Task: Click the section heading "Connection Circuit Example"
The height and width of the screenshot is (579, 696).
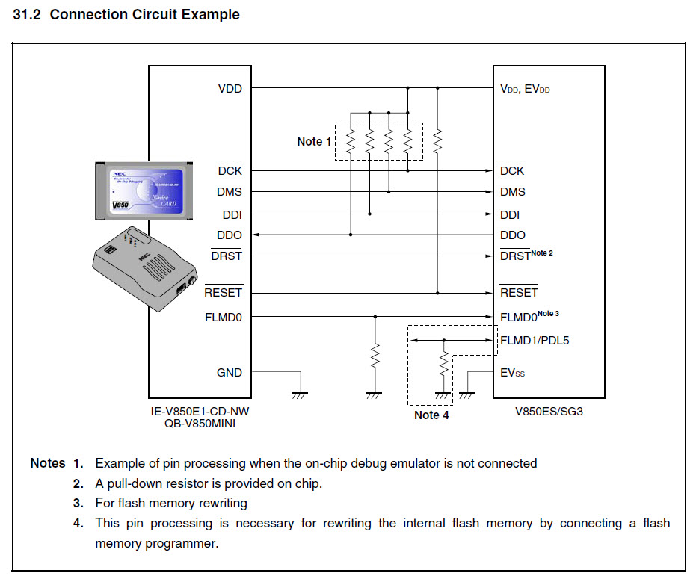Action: tap(144, 15)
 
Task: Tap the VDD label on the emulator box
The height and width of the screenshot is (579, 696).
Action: tap(230, 88)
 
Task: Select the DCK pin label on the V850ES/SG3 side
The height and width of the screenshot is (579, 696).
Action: tap(512, 171)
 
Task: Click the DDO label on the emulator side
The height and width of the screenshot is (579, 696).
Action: tap(230, 235)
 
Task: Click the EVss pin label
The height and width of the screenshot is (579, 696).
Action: tap(512, 372)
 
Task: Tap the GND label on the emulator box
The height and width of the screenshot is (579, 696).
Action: tap(229, 372)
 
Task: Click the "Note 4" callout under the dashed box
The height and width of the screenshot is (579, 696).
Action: tap(431, 415)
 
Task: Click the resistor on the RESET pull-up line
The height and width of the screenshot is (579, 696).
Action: tap(438, 140)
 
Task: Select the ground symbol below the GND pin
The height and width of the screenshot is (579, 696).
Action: tap(300, 394)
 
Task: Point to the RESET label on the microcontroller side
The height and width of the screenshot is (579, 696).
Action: tap(519, 293)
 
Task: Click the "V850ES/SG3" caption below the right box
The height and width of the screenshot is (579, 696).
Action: tap(548, 410)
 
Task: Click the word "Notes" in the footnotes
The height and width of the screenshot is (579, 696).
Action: tap(48, 463)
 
